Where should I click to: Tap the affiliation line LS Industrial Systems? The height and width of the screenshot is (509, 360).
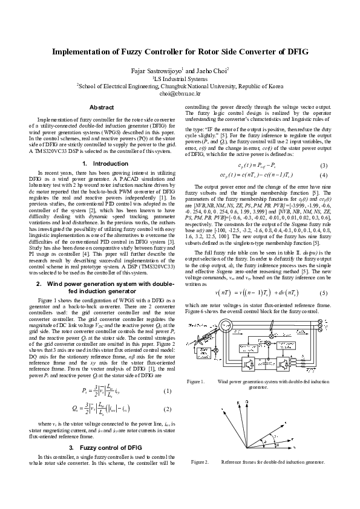tap(180, 79)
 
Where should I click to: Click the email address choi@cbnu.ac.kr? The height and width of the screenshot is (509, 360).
tap(180, 94)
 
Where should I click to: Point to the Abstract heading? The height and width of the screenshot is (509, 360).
tap(102, 108)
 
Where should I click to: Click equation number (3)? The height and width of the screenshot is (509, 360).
tap(323, 166)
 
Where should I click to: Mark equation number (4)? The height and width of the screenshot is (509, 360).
tap(323, 175)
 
